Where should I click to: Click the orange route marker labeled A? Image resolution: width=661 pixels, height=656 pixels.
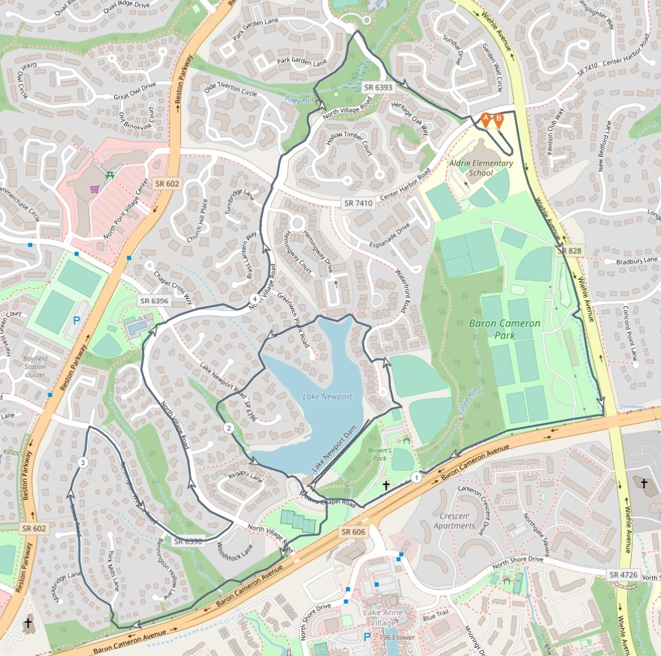pyautogui.click(x=486, y=119)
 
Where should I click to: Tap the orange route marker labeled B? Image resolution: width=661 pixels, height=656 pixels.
pyautogui.click(x=499, y=119)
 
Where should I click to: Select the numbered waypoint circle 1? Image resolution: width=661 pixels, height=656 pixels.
pyautogui.click(x=416, y=477)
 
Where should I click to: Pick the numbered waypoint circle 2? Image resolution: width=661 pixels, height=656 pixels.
pyautogui.click(x=228, y=428)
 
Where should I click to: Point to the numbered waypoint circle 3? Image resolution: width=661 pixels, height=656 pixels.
pyautogui.click(x=82, y=462)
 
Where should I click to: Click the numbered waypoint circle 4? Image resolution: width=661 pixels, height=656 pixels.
pyautogui.click(x=254, y=299)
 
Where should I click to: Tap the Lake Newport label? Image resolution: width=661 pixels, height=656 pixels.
pyautogui.click(x=327, y=397)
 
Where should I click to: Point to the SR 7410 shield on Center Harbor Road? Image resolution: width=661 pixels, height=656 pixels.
pyautogui.click(x=358, y=203)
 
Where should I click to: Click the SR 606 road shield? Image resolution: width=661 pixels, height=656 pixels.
pyautogui.click(x=353, y=532)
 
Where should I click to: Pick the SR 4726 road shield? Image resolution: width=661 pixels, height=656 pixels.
pyautogui.click(x=623, y=575)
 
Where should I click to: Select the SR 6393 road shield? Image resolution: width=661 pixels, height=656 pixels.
pyautogui.click(x=378, y=87)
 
